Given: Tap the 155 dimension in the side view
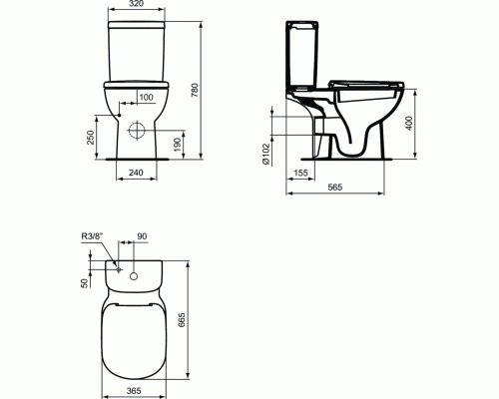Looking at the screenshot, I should (x=300, y=172).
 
